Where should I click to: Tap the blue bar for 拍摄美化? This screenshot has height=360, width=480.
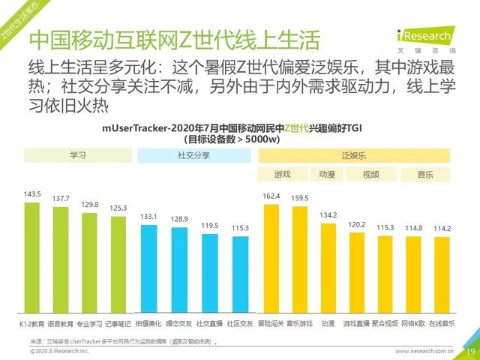tap(148, 266)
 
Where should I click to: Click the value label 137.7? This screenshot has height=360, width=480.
tap(61, 198)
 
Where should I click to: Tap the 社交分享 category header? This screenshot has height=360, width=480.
tap(192, 156)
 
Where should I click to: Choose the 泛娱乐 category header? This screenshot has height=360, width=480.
tap(353, 156)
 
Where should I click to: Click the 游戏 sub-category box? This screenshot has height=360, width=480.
tap(282, 175)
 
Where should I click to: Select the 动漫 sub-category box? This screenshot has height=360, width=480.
tap(327, 175)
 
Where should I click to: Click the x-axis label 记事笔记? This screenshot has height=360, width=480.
tap(118, 323)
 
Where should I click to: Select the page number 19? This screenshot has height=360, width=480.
tap(470, 351)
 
